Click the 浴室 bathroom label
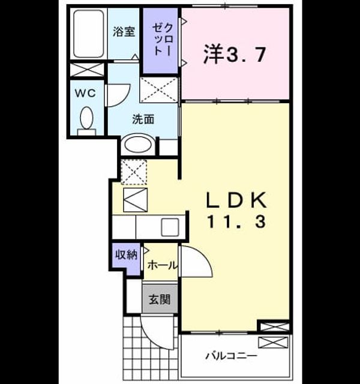[124, 32]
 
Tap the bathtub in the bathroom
[88, 34]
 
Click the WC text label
[85, 94]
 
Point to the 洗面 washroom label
[143, 119]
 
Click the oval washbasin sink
[138, 144]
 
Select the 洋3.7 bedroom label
[235, 54]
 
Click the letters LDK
[236, 200]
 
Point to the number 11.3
[236, 222]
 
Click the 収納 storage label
[127, 255]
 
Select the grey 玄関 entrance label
[160, 299]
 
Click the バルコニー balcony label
[232, 356]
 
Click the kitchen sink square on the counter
[170, 227]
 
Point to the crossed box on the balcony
[274, 342]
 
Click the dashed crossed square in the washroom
[159, 89]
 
